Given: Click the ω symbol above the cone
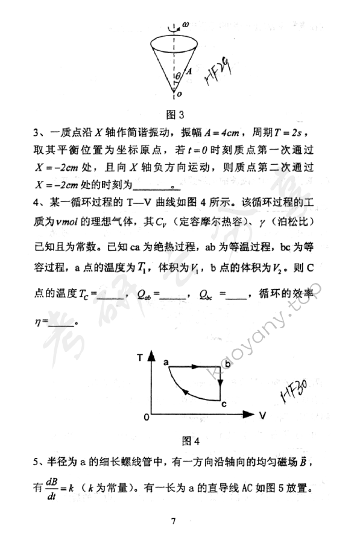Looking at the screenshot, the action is click(186, 24).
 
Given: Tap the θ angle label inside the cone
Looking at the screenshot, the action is click(177, 77).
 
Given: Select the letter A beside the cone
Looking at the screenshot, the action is click(188, 71).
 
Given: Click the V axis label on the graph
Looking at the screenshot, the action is click(264, 415).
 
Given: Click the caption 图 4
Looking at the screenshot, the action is click(191, 439).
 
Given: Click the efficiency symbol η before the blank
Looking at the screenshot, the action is click(37, 322).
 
